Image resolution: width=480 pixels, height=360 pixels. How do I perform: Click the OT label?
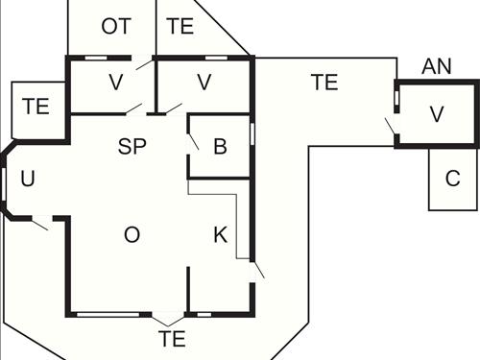click(115, 26)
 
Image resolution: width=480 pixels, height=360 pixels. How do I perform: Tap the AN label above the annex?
click(437, 66)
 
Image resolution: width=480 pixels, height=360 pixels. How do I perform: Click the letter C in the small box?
click(452, 179)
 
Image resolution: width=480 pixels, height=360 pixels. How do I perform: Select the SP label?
click(133, 147)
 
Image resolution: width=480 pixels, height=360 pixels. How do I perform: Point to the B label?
click(220, 147)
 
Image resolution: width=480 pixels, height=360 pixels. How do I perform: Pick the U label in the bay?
click(27, 179)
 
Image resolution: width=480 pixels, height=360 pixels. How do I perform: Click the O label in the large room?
click(132, 235)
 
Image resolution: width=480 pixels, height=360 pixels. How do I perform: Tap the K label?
click(220, 235)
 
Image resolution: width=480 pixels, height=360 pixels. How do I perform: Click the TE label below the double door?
click(172, 338)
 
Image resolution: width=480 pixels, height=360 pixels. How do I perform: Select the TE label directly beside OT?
click(180, 26)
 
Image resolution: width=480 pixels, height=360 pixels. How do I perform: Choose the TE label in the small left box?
click(36, 107)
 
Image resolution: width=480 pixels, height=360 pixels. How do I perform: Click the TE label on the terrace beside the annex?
click(324, 83)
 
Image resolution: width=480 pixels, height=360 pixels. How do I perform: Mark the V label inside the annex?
click(437, 114)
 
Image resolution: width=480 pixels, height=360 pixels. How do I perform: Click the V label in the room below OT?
click(115, 83)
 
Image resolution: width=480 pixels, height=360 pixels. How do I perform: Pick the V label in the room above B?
click(204, 83)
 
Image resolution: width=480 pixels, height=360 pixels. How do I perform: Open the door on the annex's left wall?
click(391, 126)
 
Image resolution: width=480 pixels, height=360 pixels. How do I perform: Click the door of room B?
click(193, 141)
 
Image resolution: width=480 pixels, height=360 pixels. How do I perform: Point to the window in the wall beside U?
click(4, 180)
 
